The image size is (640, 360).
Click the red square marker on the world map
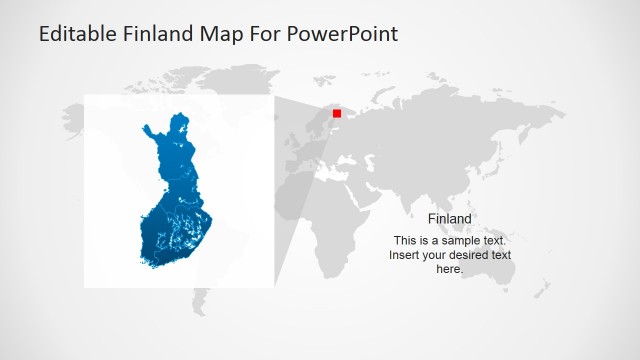(336, 113)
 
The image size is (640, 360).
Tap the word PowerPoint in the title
(343, 34)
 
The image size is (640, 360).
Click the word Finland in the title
(159, 34)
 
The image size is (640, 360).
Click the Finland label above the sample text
(449, 219)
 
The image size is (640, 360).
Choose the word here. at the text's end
(449, 269)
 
